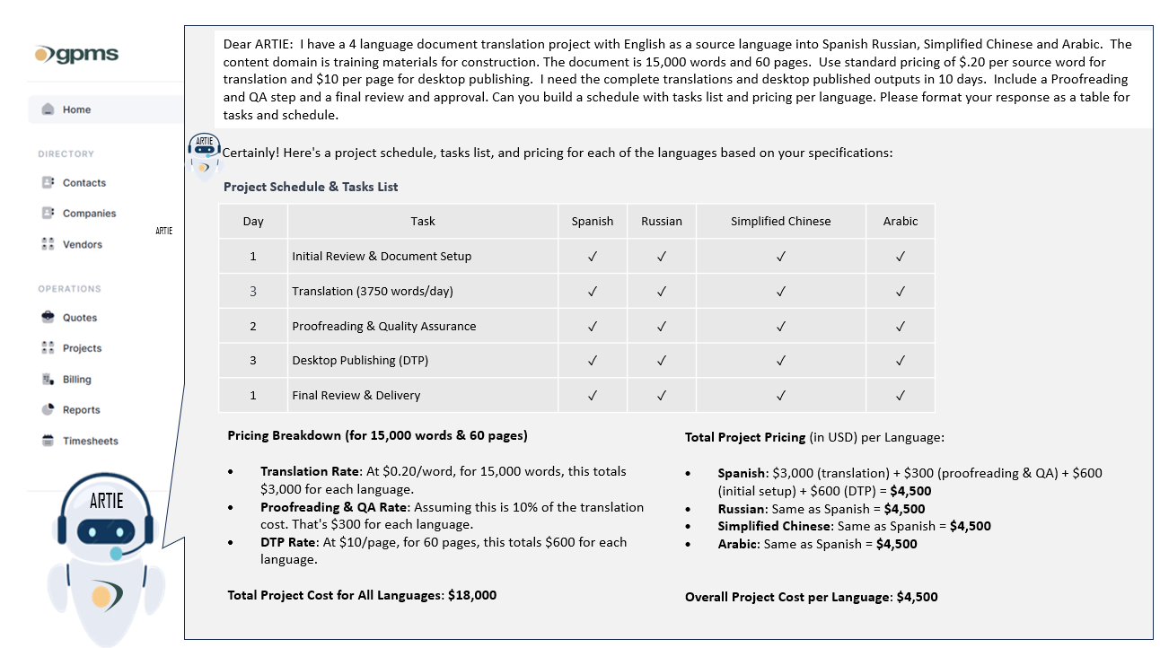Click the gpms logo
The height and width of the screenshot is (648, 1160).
click(x=76, y=54)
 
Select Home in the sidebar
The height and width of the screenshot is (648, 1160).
click(x=76, y=109)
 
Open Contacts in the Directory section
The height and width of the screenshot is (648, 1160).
click(x=83, y=183)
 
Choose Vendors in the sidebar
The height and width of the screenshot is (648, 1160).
click(x=82, y=244)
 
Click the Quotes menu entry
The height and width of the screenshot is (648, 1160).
click(x=79, y=318)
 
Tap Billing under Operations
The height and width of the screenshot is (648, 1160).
click(x=76, y=380)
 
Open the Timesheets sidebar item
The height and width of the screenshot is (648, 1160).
click(x=90, y=441)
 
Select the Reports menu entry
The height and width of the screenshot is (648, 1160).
click(x=81, y=410)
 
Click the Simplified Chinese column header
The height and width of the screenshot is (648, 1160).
click(x=780, y=221)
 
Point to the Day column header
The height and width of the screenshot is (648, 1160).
click(x=253, y=221)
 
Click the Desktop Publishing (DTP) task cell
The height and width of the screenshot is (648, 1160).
click(x=360, y=361)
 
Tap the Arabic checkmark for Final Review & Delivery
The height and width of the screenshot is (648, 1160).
click(x=900, y=396)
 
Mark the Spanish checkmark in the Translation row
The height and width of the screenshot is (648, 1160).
click(x=592, y=292)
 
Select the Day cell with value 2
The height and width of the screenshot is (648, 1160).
click(x=253, y=326)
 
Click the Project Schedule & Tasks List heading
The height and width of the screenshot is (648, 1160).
click(x=311, y=187)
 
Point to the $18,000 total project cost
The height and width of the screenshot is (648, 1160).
click(x=472, y=595)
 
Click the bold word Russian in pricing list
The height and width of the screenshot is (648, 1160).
click(x=740, y=509)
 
